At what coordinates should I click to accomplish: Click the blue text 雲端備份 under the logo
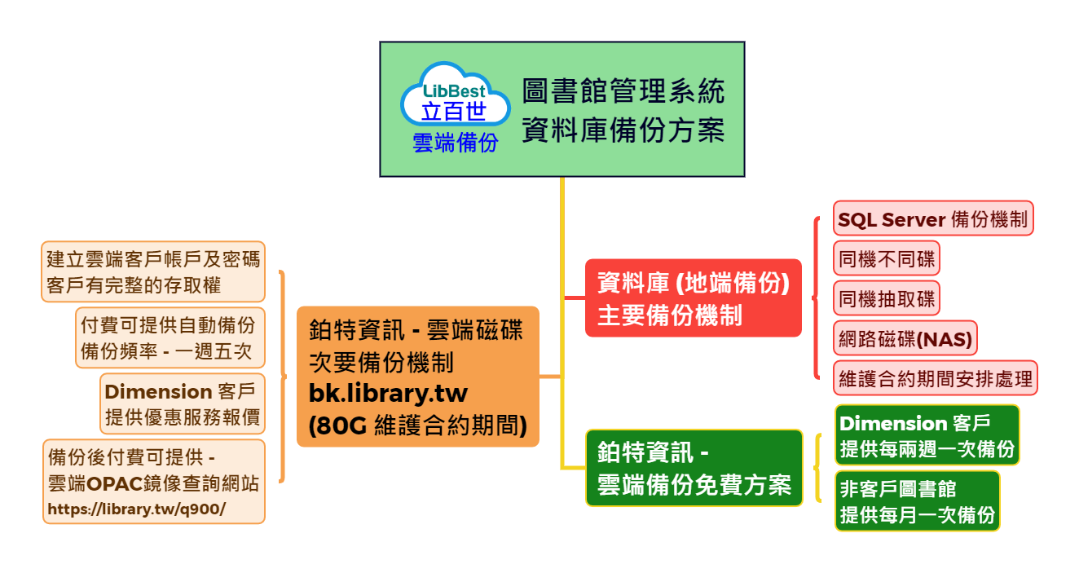pos(455,143)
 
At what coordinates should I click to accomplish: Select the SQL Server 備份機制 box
pos(933,218)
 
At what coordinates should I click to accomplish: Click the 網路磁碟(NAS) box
pos(905,338)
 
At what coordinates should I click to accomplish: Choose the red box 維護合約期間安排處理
pos(936,378)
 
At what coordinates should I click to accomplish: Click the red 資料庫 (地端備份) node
pos(694,298)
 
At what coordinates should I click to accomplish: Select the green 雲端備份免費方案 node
pos(694,468)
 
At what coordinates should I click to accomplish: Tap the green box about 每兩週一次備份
pos(927,435)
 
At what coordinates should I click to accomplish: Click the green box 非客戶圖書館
pos(917,501)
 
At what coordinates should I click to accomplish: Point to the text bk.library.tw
pos(388,393)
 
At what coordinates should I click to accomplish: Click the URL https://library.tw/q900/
pos(136,509)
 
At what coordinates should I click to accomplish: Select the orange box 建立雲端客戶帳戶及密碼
pos(153,271)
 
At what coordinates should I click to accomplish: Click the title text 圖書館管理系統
pos(623,90)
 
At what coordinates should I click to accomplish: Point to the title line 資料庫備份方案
pos(623,130)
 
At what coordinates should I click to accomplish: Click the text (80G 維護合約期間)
pos(417,425)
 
